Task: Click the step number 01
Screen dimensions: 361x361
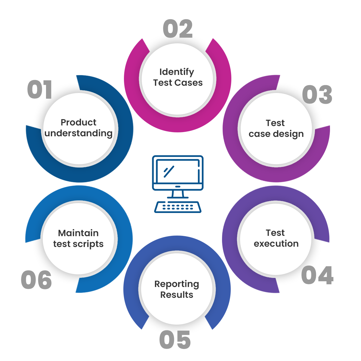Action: point(40,90)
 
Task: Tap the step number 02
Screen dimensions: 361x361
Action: point(178,29)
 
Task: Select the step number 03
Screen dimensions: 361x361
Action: point(317,94)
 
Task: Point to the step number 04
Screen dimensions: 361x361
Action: point(317,275)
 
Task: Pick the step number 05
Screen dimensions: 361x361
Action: point(175,339)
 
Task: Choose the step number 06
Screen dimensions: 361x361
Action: point(36,280)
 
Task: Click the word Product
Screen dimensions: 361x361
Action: point(79,122)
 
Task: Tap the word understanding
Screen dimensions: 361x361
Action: point(79,133)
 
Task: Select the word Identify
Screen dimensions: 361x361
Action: point(177,72)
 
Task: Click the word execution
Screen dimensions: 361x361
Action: point(276,244)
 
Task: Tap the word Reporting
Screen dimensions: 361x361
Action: point(177,284)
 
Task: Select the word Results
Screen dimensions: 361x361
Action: point(177,295)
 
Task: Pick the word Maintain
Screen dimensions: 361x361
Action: point(78,233)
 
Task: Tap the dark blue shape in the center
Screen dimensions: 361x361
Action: point(178,184)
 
